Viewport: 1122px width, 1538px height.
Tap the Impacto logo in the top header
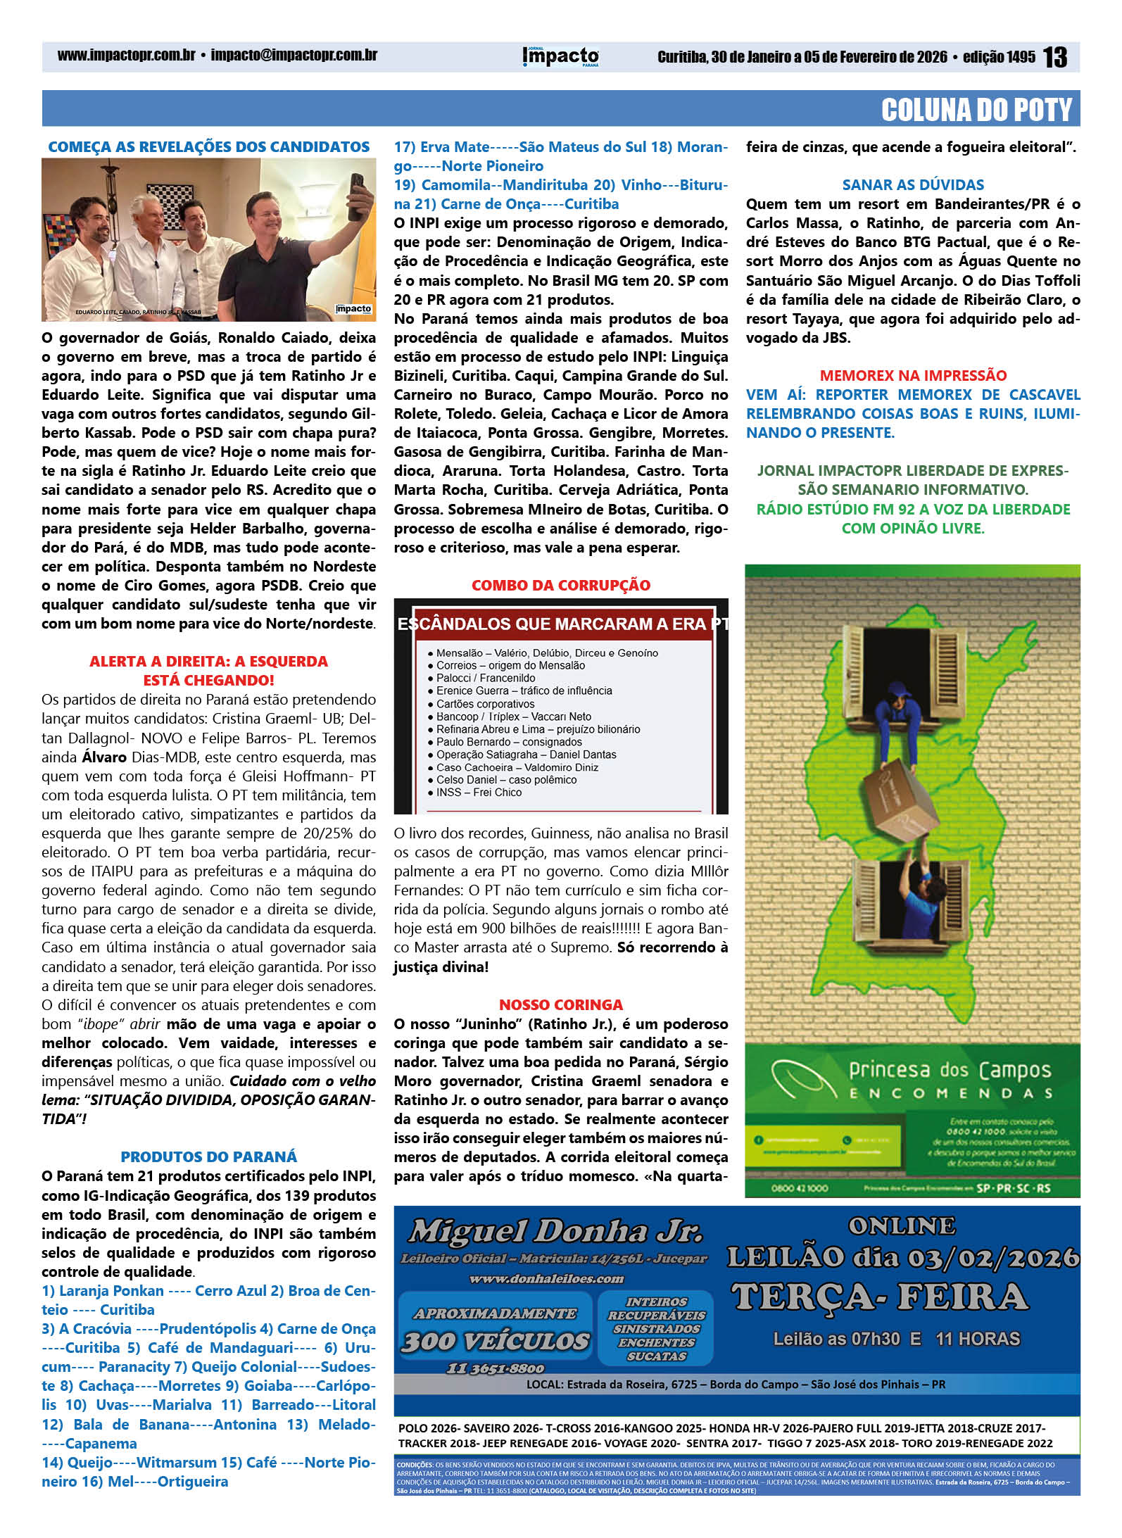pyautogui.click(x=560, y=56)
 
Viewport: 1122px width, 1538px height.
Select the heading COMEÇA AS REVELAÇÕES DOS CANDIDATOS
pyautogui.click(x=208, y=147)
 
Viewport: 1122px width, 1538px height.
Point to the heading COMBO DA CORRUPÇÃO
pyautogui.click(x=561, y=585)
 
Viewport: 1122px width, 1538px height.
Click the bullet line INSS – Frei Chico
pyautogui.click(x=479, y=793)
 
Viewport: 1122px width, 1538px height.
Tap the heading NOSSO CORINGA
pyautogui.click(x=561, y=1004)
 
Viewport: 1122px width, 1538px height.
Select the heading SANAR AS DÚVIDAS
pyautogui.click(x=913, y=185)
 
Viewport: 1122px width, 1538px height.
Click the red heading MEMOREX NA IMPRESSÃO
pyautogui.click(x=913, y=375)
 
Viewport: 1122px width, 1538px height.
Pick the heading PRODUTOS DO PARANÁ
pyautogui.click(x=208, y=1156)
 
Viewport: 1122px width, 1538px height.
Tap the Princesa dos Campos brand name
pyautogui.click(x=950, y=1071)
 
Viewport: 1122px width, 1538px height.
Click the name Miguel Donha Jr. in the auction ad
pyautogui.click(x=555, y=1231)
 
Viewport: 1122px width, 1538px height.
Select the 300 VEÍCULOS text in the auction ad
pyautogui.click(x=496, y=1342)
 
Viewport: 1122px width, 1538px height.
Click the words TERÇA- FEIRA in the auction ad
pyautogui.click(x=880, y=1297)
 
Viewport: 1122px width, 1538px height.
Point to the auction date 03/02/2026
pyautogui.click(x=992, y=1257)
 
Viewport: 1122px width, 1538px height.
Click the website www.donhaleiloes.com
pyautogui.click(x=546, y=1278)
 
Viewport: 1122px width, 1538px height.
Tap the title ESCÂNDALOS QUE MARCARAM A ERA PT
pyautogui.click(x=561, y=624)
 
